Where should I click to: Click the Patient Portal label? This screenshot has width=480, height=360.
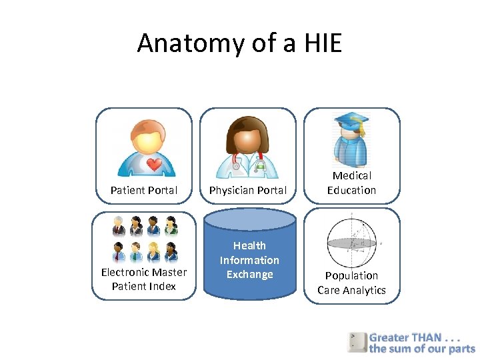click(x=144, y=190)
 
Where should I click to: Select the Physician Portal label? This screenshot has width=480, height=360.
click(x=248, y=190)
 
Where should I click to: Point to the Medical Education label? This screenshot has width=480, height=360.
click(x=351, y=183)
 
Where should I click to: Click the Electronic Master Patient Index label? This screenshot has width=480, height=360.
click(x=144, y=279)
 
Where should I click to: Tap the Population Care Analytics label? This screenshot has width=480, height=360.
click(x=351, y=283)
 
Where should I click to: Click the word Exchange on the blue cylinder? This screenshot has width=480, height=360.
click(x=249, y=275)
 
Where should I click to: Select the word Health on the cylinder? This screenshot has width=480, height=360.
click(x=249, y=245)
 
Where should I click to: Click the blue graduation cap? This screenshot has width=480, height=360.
click(x=351, y=122)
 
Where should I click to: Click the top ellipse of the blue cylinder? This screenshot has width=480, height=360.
click(x=249, y=219)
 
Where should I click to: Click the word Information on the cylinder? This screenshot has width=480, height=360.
click(x=249, y=260)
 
